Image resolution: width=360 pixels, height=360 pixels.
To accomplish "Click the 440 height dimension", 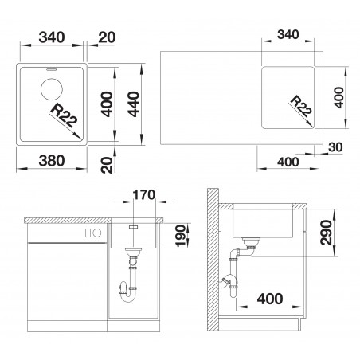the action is [133, 104].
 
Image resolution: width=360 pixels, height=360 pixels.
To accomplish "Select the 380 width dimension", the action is [52, 161].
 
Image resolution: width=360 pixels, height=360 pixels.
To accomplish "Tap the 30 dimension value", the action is [335, 147].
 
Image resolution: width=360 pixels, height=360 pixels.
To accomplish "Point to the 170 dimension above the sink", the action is [144, 195].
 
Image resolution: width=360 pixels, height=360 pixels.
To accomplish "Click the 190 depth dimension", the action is [180, 236].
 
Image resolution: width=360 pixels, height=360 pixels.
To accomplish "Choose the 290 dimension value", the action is [326, 233].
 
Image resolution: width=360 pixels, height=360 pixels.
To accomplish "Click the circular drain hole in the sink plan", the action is [52, 89].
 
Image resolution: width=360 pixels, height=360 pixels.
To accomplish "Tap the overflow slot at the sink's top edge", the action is [51, 69].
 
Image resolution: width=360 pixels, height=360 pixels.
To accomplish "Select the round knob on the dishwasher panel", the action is [97, 233].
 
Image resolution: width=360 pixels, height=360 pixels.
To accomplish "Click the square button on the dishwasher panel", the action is [88, 233].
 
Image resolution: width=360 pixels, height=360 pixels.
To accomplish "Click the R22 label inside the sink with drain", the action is [64, 115].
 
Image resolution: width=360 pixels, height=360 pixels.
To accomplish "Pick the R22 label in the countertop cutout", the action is [301, 107].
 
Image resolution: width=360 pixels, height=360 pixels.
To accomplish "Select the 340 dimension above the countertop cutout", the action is [288, 35].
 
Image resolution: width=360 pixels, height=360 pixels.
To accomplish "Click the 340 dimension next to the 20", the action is [52, 37].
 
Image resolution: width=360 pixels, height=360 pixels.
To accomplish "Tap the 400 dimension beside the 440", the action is [108, 104].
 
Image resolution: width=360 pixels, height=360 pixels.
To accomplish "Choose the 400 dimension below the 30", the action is [288, 162].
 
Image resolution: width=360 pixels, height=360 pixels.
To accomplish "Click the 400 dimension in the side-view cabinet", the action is [270, 299].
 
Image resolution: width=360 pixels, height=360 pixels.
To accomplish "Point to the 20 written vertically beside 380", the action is [108, 165].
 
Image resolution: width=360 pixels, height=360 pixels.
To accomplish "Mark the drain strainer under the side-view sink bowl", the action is [250, 241].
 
